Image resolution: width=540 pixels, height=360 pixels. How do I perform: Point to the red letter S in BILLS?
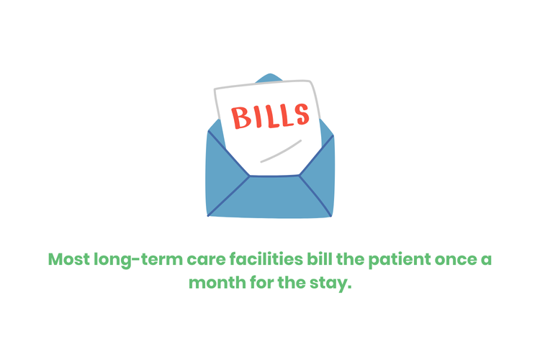[x=301, y=113]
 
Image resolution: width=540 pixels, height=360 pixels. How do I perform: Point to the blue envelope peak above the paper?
[x=269, y=77]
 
